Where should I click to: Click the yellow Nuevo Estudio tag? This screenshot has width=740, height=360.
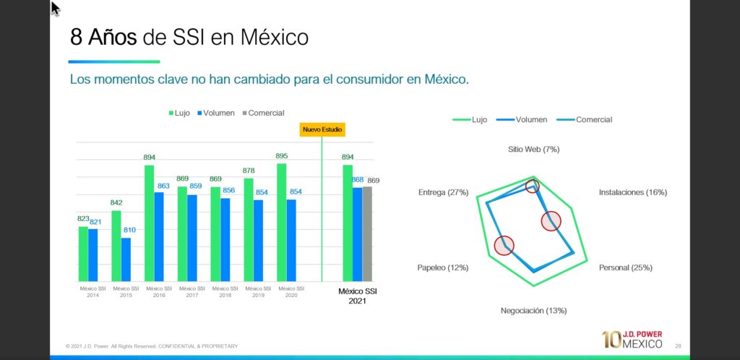click(x=322, y=129)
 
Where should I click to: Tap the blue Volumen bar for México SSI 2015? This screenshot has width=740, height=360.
click(x=126, y=259)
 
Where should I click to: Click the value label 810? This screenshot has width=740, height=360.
click(x=129, y=230)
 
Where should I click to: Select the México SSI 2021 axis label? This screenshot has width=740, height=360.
click(x=358, y=296)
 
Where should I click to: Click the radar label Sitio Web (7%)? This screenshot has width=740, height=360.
click(x=533, y=149)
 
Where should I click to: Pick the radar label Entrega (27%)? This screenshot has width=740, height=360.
click(x=443, y=192)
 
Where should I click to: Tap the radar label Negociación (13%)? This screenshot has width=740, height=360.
click(x=533, y=311)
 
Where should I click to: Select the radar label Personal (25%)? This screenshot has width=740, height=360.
click(x=625, y=267)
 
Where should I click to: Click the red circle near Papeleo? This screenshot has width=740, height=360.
click(x=504, y=246)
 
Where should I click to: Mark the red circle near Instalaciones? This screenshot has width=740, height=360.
click(x=551, y=221)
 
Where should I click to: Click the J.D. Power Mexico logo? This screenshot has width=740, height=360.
click(x=632, y=339)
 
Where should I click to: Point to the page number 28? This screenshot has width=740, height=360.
click(x=678, y=346)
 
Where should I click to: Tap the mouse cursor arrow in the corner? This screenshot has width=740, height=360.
click(x=55, y=8)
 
